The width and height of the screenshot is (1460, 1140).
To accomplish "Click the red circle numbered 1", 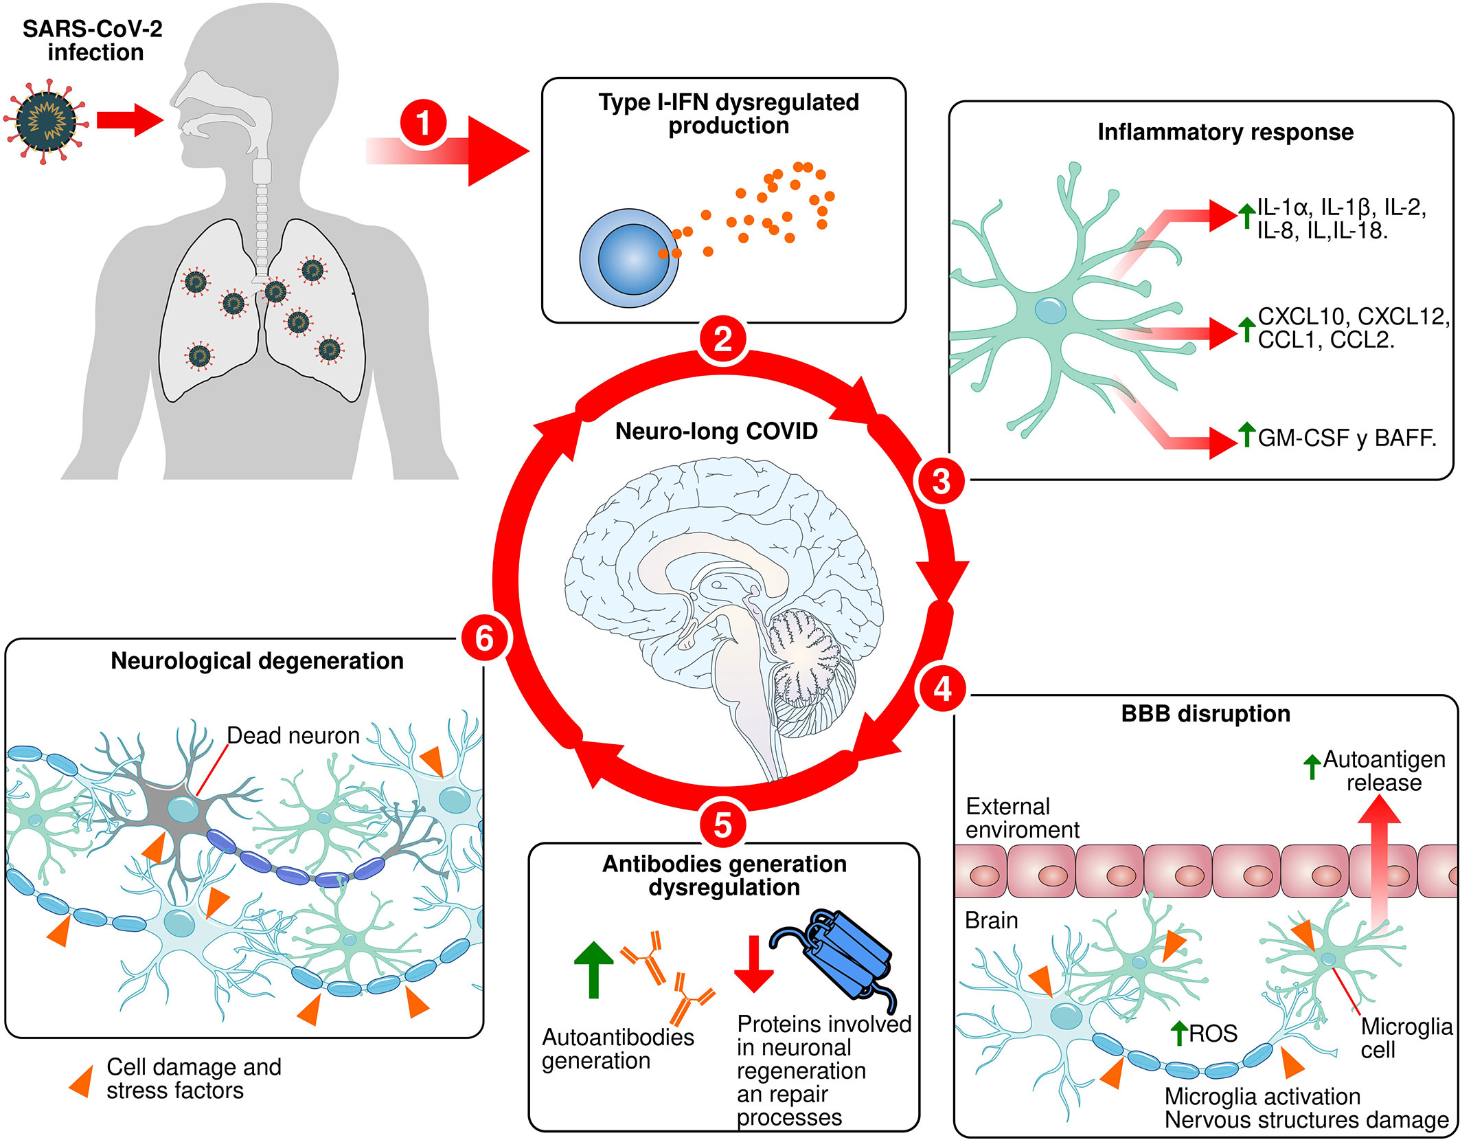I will tap(423, 124).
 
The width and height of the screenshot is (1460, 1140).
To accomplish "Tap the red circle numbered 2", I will tap(722, 340).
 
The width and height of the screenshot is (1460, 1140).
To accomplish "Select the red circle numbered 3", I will tap(941, 481).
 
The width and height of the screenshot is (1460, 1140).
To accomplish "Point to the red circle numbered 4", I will tap(942, 689).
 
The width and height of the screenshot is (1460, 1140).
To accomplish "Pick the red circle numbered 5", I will tap(722, 825).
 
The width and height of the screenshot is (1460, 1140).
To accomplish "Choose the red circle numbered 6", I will tap(484, 638).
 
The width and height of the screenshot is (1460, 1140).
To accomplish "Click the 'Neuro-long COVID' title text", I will tap(716, 432).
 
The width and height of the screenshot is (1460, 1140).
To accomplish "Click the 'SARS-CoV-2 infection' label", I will tap(93, 41).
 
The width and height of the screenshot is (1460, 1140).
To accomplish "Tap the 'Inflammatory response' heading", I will tap(1225, 132).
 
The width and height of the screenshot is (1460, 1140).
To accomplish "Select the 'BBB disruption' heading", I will tap(1205, 714).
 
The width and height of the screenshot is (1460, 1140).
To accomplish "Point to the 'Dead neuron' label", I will tap(293, 736).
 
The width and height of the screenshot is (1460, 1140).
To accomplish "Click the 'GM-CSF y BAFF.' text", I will tap(1347, 438).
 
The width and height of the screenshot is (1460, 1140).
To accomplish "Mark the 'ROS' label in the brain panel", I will tap(1213, 1033).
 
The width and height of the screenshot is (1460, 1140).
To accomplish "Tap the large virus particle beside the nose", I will tap(47, 121).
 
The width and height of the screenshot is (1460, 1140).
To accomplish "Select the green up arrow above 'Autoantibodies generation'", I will tap(593, 969).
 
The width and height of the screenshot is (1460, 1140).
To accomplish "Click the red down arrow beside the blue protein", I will tap(753, 963).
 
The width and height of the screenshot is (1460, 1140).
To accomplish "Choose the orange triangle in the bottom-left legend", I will tap(82, 1081).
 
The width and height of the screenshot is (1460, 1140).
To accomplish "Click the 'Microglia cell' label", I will tap(1405, 1038).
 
